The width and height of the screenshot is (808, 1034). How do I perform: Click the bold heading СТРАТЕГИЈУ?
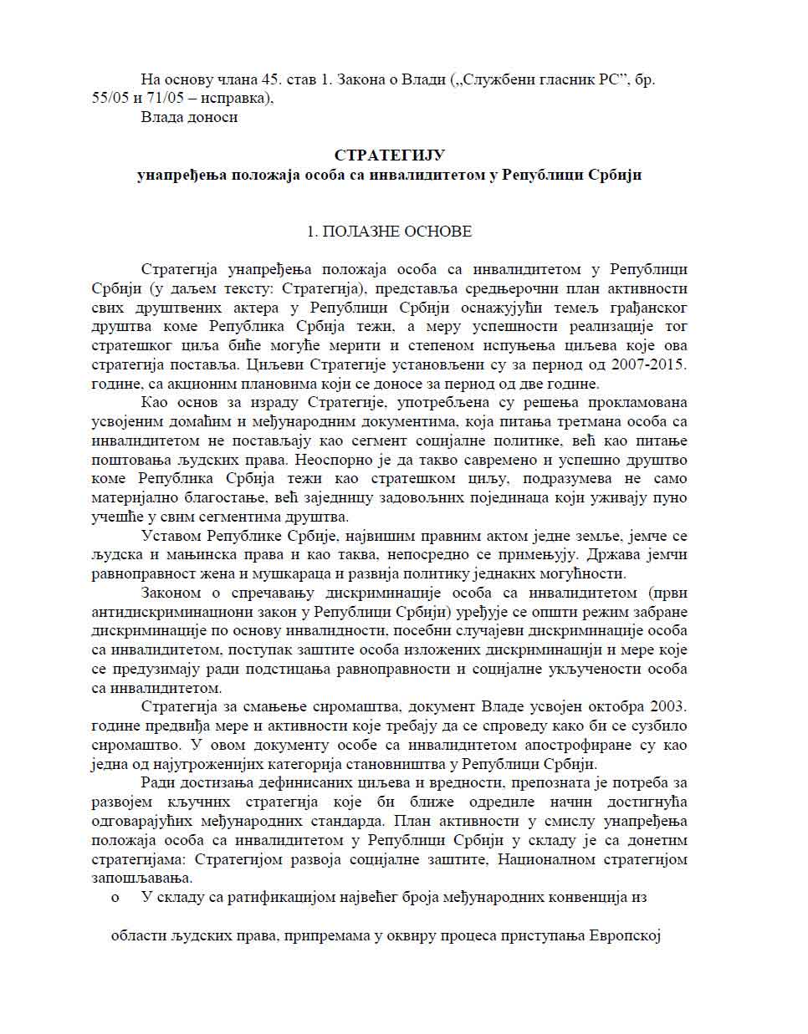(389, 155)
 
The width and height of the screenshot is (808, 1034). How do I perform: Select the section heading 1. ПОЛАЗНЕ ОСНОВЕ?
(390, 232)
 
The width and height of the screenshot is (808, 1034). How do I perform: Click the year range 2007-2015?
(645, 364)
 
